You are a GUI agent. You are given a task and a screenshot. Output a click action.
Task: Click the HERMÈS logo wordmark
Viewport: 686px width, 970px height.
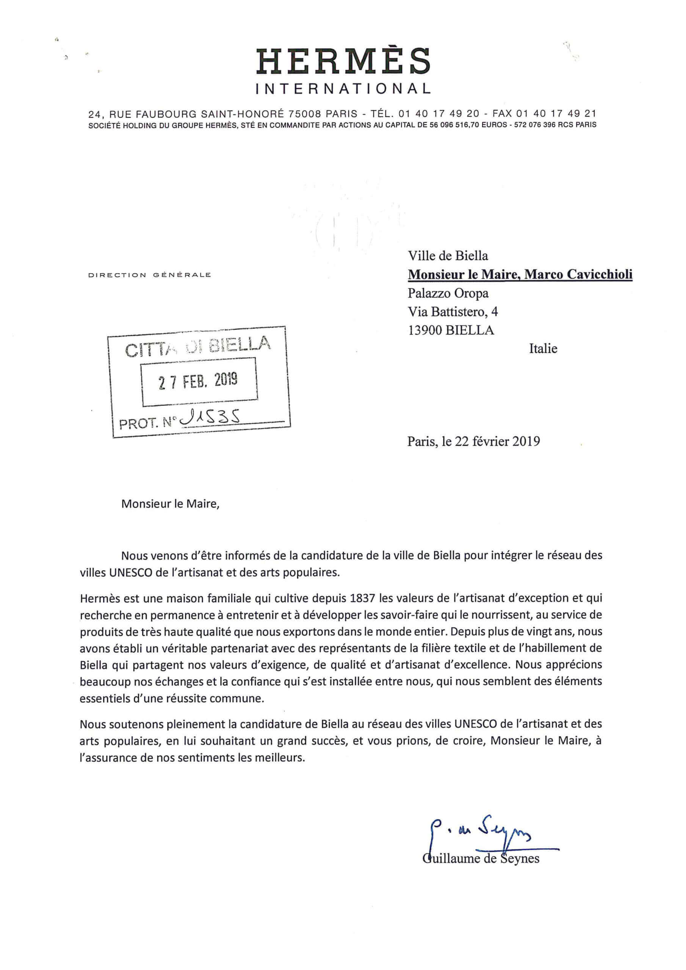tap(343, 62)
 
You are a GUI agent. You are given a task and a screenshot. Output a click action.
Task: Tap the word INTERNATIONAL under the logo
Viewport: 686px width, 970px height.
tap(343, 88)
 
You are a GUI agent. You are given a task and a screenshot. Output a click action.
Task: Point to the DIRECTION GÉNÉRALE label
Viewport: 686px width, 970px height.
tap(149, 275)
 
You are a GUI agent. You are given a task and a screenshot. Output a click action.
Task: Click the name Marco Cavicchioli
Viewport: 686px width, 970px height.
tap(578, 275)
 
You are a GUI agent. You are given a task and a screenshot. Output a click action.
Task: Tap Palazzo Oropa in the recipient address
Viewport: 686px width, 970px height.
tap(448, 293)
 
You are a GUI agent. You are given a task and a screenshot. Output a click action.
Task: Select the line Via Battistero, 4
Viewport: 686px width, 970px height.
tap(453, 312)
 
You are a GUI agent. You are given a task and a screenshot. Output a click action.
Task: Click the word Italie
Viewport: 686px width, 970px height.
tap(543, 349)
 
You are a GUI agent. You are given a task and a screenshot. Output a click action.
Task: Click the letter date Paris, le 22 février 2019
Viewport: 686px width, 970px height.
tap(473, 441)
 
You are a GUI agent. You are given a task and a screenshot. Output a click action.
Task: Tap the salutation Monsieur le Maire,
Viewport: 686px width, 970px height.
tap(170, 504)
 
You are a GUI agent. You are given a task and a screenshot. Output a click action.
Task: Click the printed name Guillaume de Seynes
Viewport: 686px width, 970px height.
tap(481, 858)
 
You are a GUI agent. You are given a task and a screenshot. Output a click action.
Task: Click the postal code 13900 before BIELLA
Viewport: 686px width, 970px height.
tap(425, 330)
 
